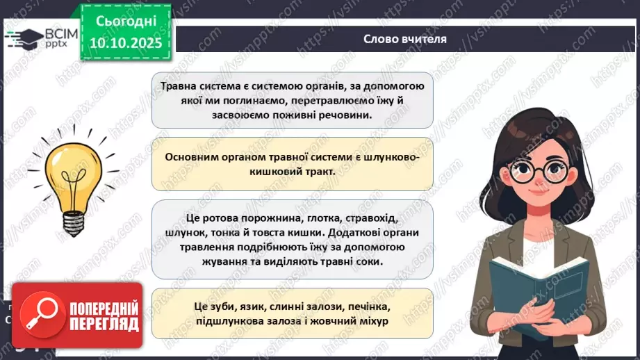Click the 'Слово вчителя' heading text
pyautogui.click(x=404, y=39)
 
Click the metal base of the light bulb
pyautogui.click(x=73, y=220)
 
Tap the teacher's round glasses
pyautogui.click(x=536, y=171)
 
